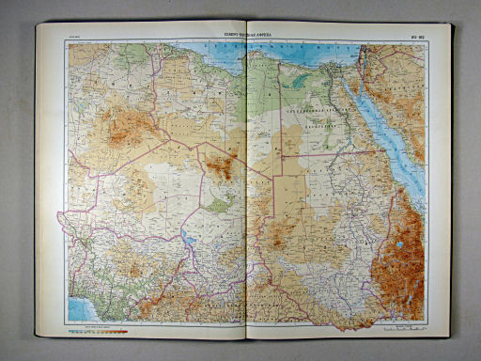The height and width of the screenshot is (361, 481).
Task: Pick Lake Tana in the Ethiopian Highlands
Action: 401,246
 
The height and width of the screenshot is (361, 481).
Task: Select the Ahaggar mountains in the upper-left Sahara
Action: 118,127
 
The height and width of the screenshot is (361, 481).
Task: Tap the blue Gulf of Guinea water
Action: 77,310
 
